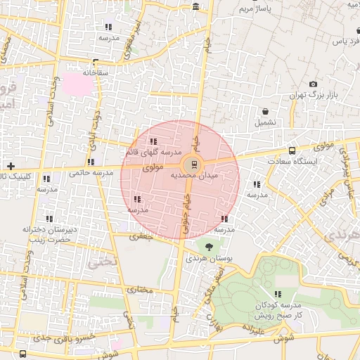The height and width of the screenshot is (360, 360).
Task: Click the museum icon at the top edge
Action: (x=195, y=6)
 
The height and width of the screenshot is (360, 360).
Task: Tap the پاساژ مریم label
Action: (x=255, y=10)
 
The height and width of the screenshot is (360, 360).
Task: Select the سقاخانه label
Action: (x=96, y=72)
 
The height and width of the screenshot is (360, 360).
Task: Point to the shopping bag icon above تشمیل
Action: (x=265, y=111)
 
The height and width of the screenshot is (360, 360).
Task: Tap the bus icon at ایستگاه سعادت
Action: (x=292, y=150)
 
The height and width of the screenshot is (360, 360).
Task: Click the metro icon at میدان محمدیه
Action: (x=194, y=166)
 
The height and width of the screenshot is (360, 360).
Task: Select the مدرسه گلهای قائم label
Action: (x=153, y=152)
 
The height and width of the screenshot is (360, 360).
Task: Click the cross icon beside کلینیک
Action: (x=10, y=166)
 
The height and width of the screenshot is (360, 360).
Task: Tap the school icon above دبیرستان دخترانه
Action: (x=49, y=219)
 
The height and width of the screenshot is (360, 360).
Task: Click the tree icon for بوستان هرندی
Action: (x=209, y=246)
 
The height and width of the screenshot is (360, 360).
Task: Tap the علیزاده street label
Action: (x=252, y=328)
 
